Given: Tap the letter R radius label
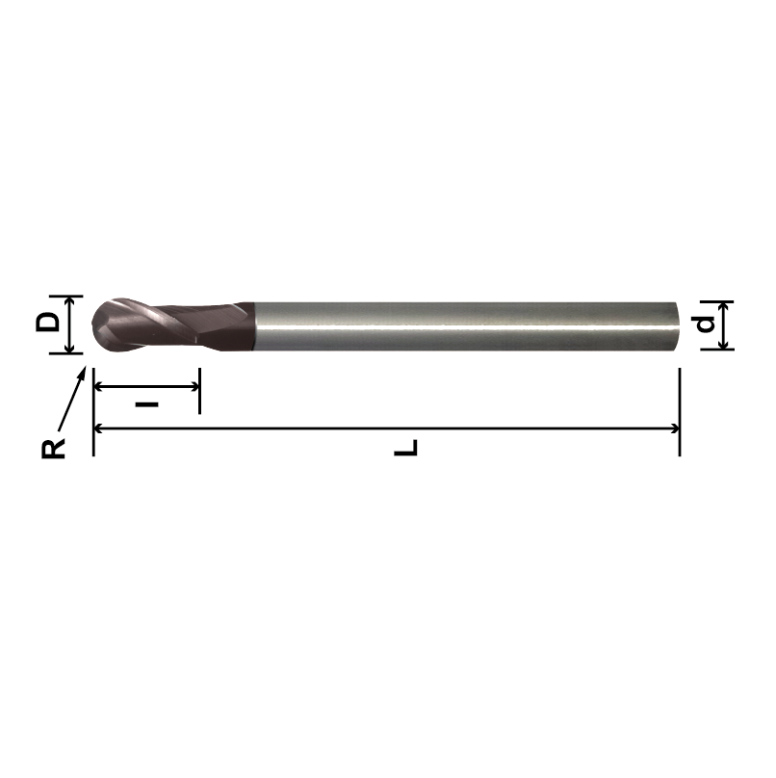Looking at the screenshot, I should (x=55, y=448).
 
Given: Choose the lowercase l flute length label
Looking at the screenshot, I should (x=146, y=403).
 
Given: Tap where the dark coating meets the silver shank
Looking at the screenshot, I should (x=253, y=325).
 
